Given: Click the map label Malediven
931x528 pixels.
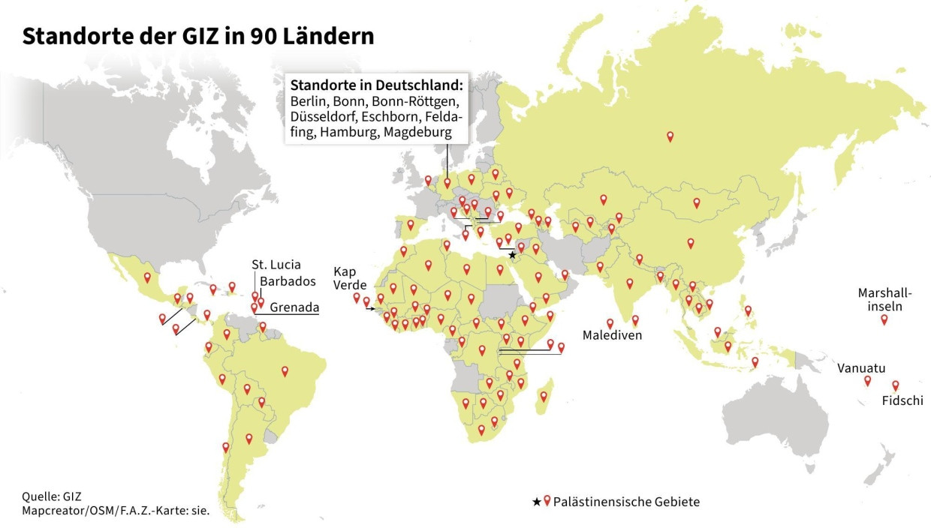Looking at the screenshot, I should pyautogui.click(x=611, y=335).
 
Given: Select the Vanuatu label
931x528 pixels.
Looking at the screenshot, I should pyautogui.click(x=861, y=368).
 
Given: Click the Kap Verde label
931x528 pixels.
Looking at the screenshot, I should pyautogui.click(x=349, y=277).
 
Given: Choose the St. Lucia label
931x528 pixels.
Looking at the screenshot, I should pyautogui.click(x=276, y=264).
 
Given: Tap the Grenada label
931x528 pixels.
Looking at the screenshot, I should pyautogui.click(x=294, y=307).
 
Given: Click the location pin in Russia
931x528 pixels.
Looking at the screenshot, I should pyautogui.click(x=670, y=136).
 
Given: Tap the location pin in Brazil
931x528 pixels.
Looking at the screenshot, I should pyautogui.click(x=285, y=370).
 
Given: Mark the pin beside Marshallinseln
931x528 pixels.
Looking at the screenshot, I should pyautogui.click(x=884, y=319).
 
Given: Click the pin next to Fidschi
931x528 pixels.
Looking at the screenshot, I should pyautogui.click(x=895, y=385).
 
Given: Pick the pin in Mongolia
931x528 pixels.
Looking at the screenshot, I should pyautogui.click(x=696, y=202).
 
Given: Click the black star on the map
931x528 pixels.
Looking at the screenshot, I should pyautogui.click(x=512, y=255).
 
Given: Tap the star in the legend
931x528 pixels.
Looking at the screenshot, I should pyautogui.click(x=536, y=502).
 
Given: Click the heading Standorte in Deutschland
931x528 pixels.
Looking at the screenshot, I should pyautogui.click(x=375, y=82).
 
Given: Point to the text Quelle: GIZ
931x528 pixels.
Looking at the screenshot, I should pyautogui.click(x=50, y=496).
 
